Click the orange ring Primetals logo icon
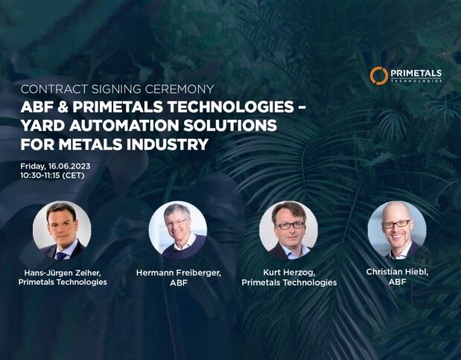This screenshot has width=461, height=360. (378, 75)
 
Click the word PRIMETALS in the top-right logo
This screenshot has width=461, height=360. (416, 73)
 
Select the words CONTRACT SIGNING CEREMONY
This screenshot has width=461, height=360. (118, 89)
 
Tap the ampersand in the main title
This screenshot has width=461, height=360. (63, 107)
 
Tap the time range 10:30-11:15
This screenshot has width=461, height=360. (40, 175)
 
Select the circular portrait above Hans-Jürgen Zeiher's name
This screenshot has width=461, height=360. (62, 230)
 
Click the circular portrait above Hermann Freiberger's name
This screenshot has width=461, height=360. (178, 230)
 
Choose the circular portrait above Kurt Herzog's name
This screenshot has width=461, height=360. (288, 230)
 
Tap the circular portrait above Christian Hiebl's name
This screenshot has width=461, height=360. (397, 230)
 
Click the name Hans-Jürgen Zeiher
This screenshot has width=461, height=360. (63, 273)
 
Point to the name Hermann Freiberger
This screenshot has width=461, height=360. (179, 273)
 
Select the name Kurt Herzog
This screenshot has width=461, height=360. (289, 273)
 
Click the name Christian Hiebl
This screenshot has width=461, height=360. (397, 272)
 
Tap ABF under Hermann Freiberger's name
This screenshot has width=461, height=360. (179, 283)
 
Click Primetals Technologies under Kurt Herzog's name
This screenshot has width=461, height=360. (289, 282)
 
